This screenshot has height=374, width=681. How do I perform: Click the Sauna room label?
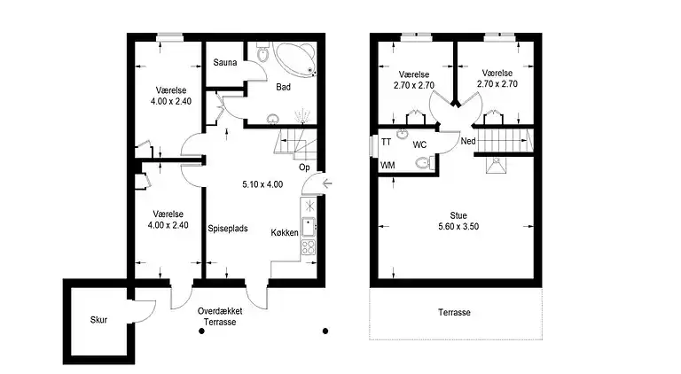[223, 62]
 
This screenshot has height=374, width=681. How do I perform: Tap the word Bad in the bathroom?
[284, 87]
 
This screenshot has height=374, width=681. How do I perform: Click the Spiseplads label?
[227, 229]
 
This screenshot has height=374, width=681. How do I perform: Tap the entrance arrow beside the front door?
[329, 184]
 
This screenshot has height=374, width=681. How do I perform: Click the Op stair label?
[304, 167]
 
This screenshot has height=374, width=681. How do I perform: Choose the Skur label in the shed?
[98, 320]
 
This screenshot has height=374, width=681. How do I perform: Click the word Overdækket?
[220, 311]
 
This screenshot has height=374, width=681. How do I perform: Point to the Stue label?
[458, 214]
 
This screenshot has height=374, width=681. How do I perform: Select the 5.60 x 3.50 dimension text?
[458, 226]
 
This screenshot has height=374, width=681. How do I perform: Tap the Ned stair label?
[467, 141]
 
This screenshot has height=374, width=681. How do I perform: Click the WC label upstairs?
[420, 144]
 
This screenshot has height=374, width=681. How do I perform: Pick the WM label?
[387, 166]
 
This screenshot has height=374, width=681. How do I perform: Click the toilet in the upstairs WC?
[424, 163]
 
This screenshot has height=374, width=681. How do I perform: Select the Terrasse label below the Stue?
[454, 313]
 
